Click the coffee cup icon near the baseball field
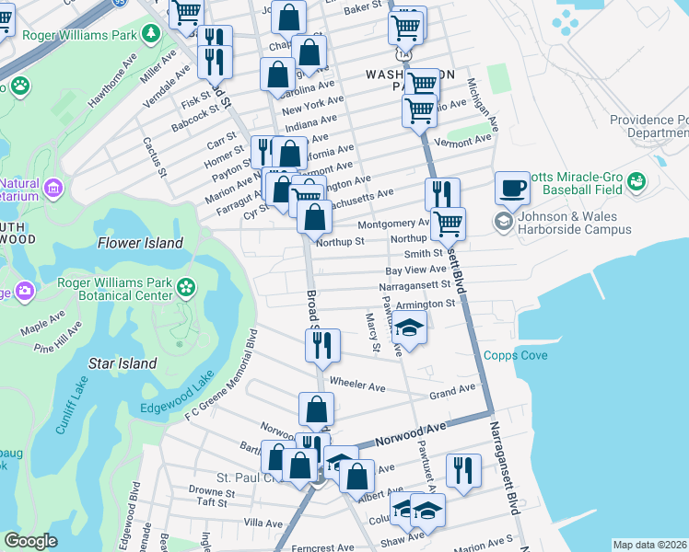click(512, 189)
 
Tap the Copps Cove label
click(516, 355)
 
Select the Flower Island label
click(141, 243)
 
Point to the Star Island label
click(122, 363)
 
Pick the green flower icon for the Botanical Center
click(187, 287)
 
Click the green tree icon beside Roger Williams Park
click(150, 34)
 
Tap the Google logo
click(30, 541)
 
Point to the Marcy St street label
click(372, 332)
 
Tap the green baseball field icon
click(636, 184)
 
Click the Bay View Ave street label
click(415, 270)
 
